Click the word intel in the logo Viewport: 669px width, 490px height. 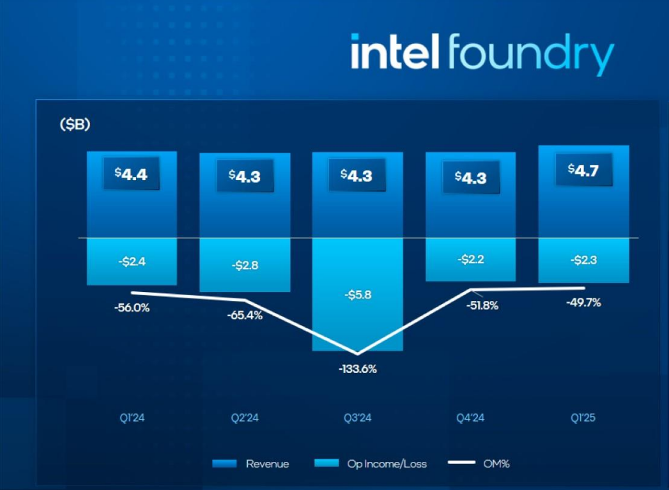click(395, 52)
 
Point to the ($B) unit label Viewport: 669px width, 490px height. click(75, 125)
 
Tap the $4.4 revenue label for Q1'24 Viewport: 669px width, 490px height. click(131, 174)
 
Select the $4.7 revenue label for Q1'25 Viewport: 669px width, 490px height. click(583, 169)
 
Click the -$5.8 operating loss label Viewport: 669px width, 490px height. click(357, 295)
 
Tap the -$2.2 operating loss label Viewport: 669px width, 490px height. click(470, 259)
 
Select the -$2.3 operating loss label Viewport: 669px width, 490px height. click(583, 260)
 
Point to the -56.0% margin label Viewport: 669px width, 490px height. click(132, 307)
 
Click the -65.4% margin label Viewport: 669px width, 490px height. click(245, 315)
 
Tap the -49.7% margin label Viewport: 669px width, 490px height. click(583, 303)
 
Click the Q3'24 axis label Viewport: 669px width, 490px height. click(357, 418)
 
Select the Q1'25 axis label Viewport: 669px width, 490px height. click(583, 418)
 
